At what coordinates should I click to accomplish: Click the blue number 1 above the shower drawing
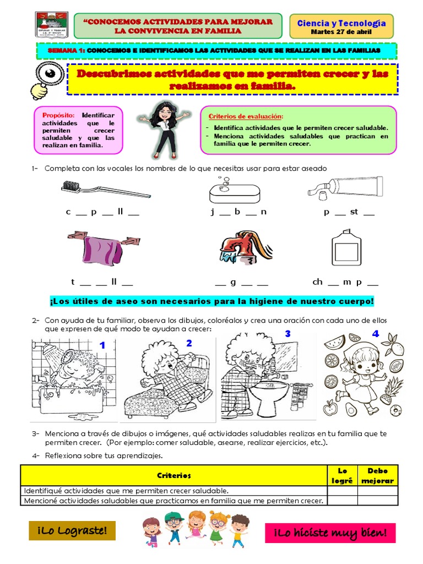click(x=102, y=345)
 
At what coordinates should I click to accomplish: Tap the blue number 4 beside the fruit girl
click(x=376, y=334)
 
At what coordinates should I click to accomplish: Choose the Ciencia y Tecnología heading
click(x=341, y=23)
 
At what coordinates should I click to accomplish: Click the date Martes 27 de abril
click(x=341, y=32)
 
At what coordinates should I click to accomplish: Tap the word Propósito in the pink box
click(x=61, y=115)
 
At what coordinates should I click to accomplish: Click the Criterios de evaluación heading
click(x=246, y=117)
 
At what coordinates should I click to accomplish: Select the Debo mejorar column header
click(x=377, y=475)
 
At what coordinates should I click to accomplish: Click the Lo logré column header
click(x=342, y=475)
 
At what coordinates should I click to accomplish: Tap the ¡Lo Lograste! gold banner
click(x=72, y=531)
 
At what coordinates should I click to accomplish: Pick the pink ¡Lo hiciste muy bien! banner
click(x=330, y=533)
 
